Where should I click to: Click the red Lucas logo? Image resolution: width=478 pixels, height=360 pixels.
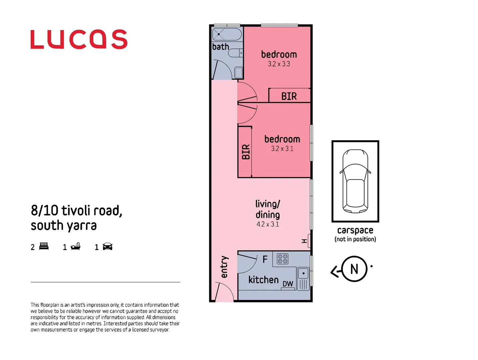coord(79,39)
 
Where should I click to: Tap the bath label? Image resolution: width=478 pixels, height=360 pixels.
coord(221,47)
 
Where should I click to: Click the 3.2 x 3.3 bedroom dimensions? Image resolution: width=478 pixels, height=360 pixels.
coord(279,64)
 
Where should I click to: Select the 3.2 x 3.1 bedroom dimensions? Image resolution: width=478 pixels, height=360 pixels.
coord(282,149)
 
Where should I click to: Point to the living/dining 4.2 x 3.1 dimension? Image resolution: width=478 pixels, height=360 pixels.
coord(268,224)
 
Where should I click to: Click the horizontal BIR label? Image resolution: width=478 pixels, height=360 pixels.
coord(289,96)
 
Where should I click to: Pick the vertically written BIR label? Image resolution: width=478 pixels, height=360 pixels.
coord(246,152)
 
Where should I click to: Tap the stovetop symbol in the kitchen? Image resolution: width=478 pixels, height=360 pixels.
coord(283,259)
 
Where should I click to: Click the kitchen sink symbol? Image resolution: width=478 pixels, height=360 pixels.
coord(303,273)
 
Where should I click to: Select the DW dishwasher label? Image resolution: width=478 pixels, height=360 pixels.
coord(288,284)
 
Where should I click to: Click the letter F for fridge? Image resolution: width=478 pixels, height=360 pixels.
coord(265,259)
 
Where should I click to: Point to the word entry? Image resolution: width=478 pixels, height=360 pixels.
coord(224,267)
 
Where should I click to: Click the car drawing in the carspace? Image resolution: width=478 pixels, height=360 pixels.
coord(355,181)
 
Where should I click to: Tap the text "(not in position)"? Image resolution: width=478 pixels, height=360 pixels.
coord(355,239)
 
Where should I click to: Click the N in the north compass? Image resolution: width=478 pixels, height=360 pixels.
coord(354,269)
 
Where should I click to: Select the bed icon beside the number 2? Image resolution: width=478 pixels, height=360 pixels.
coord(44,246)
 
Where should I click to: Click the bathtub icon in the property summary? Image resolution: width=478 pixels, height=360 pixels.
coord(76,246)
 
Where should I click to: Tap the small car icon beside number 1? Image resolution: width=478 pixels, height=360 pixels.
coord(108,247)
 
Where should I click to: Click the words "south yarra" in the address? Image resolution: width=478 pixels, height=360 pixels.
coord(64,226)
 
